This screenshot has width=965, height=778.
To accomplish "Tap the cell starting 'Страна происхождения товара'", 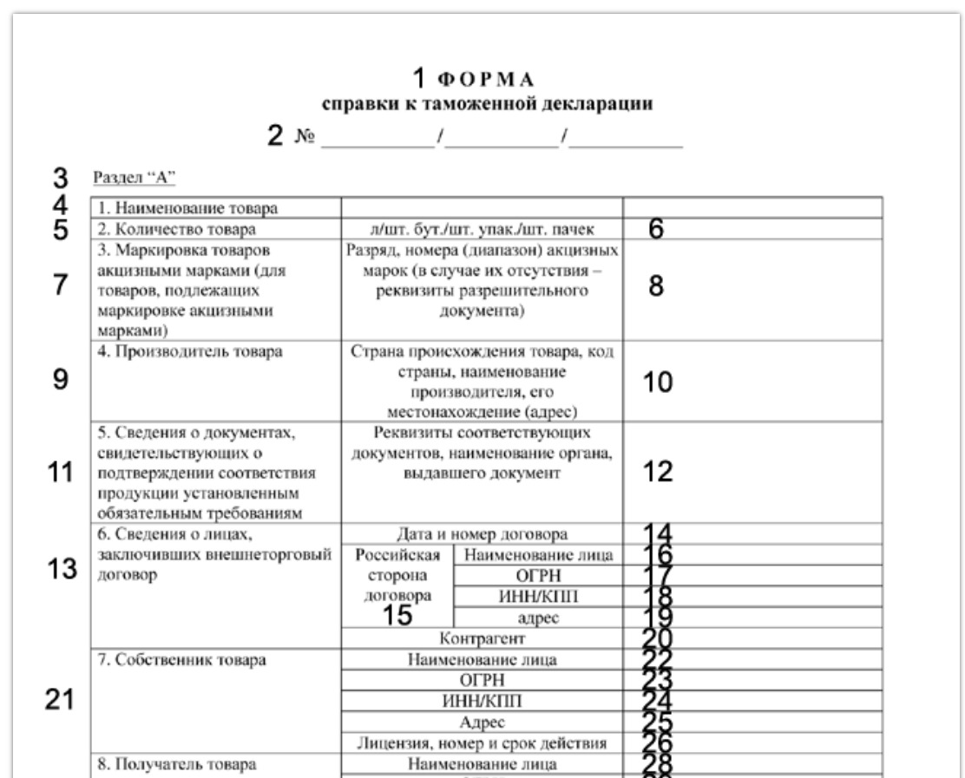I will tap(482, 382).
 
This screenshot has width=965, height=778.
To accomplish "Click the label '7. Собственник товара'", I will tap(156, 660).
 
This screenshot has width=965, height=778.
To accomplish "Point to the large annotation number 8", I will tap(657, 290).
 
